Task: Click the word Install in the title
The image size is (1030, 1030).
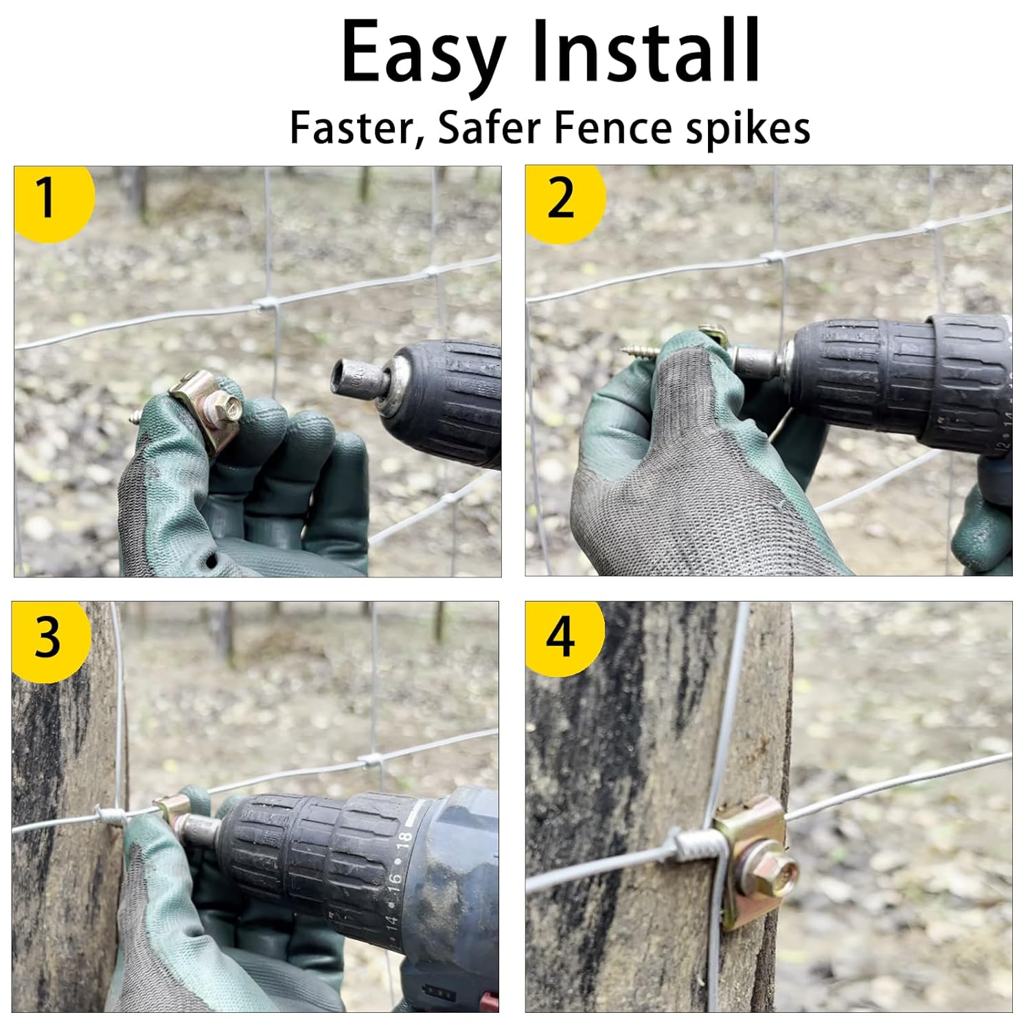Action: click(645, 51)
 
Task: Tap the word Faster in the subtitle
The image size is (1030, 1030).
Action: click(358, 128)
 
